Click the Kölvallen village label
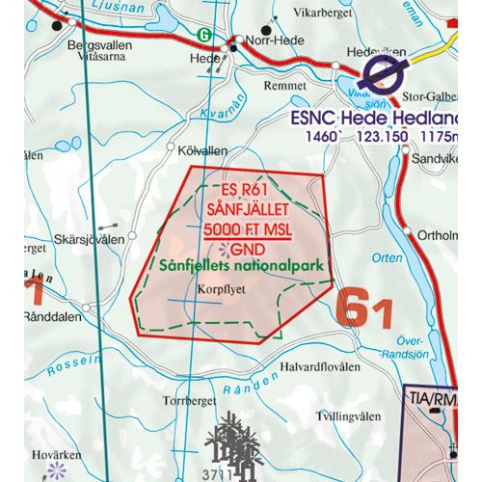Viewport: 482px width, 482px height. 202,151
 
